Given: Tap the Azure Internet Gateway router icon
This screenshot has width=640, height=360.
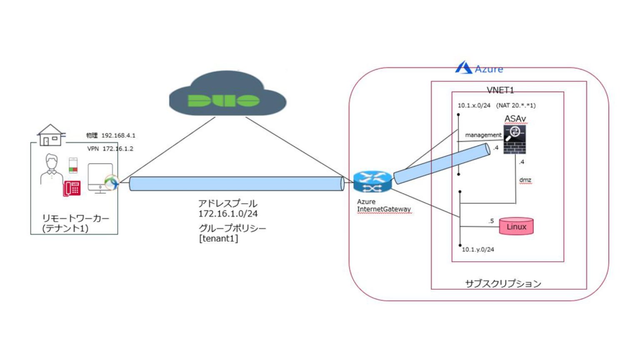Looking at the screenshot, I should click(372, 182).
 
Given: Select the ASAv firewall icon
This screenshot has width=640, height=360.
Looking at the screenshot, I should click(515, 140).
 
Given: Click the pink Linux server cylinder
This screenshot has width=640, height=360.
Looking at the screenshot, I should click(516, 226).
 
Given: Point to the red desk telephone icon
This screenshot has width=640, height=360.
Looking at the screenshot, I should click(72, 188).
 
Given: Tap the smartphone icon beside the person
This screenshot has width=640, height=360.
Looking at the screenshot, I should click(73, 165).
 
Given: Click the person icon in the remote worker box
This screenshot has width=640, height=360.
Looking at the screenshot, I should click(51, 169).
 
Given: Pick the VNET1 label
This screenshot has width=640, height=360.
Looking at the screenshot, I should click(500, 90).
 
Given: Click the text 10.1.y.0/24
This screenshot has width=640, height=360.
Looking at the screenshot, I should click(478, 250).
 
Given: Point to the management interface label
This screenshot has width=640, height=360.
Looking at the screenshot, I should click(483, 135).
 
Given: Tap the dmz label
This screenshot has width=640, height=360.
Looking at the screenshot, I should click(525, 180).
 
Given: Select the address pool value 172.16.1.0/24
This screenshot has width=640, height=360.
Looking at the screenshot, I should click(228, 214).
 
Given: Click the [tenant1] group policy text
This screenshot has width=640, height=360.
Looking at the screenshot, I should click(218, 238).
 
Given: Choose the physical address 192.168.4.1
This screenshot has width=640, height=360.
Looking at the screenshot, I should click(118, 135).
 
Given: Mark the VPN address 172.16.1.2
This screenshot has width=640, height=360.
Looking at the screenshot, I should click(118, 149).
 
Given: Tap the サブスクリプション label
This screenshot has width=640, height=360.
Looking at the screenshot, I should click(503, 284).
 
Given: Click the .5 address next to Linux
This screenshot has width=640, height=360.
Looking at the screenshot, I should click(491, 221).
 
